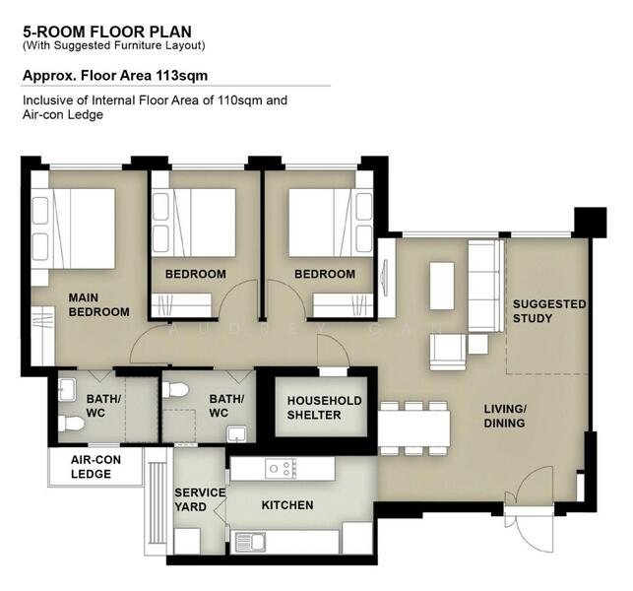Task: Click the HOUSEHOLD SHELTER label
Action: point(324,408)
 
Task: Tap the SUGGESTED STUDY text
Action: point(549,311)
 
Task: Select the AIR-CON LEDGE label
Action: point(95,467)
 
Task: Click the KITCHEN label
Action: point(287,505)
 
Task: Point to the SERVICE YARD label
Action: point(200,499)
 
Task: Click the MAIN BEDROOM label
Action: point(98,304)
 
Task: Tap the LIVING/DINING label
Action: point(505,416)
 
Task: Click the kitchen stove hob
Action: point(281,469)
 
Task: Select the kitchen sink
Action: point(250,542)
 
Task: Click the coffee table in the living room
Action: point(442,286)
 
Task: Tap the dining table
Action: point(414,428)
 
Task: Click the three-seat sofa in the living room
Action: point(486,286)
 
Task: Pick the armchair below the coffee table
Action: point(447,352)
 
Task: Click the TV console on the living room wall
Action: point(387,278)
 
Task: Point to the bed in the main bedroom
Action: point(73,229)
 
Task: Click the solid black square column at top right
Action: point(590,223)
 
